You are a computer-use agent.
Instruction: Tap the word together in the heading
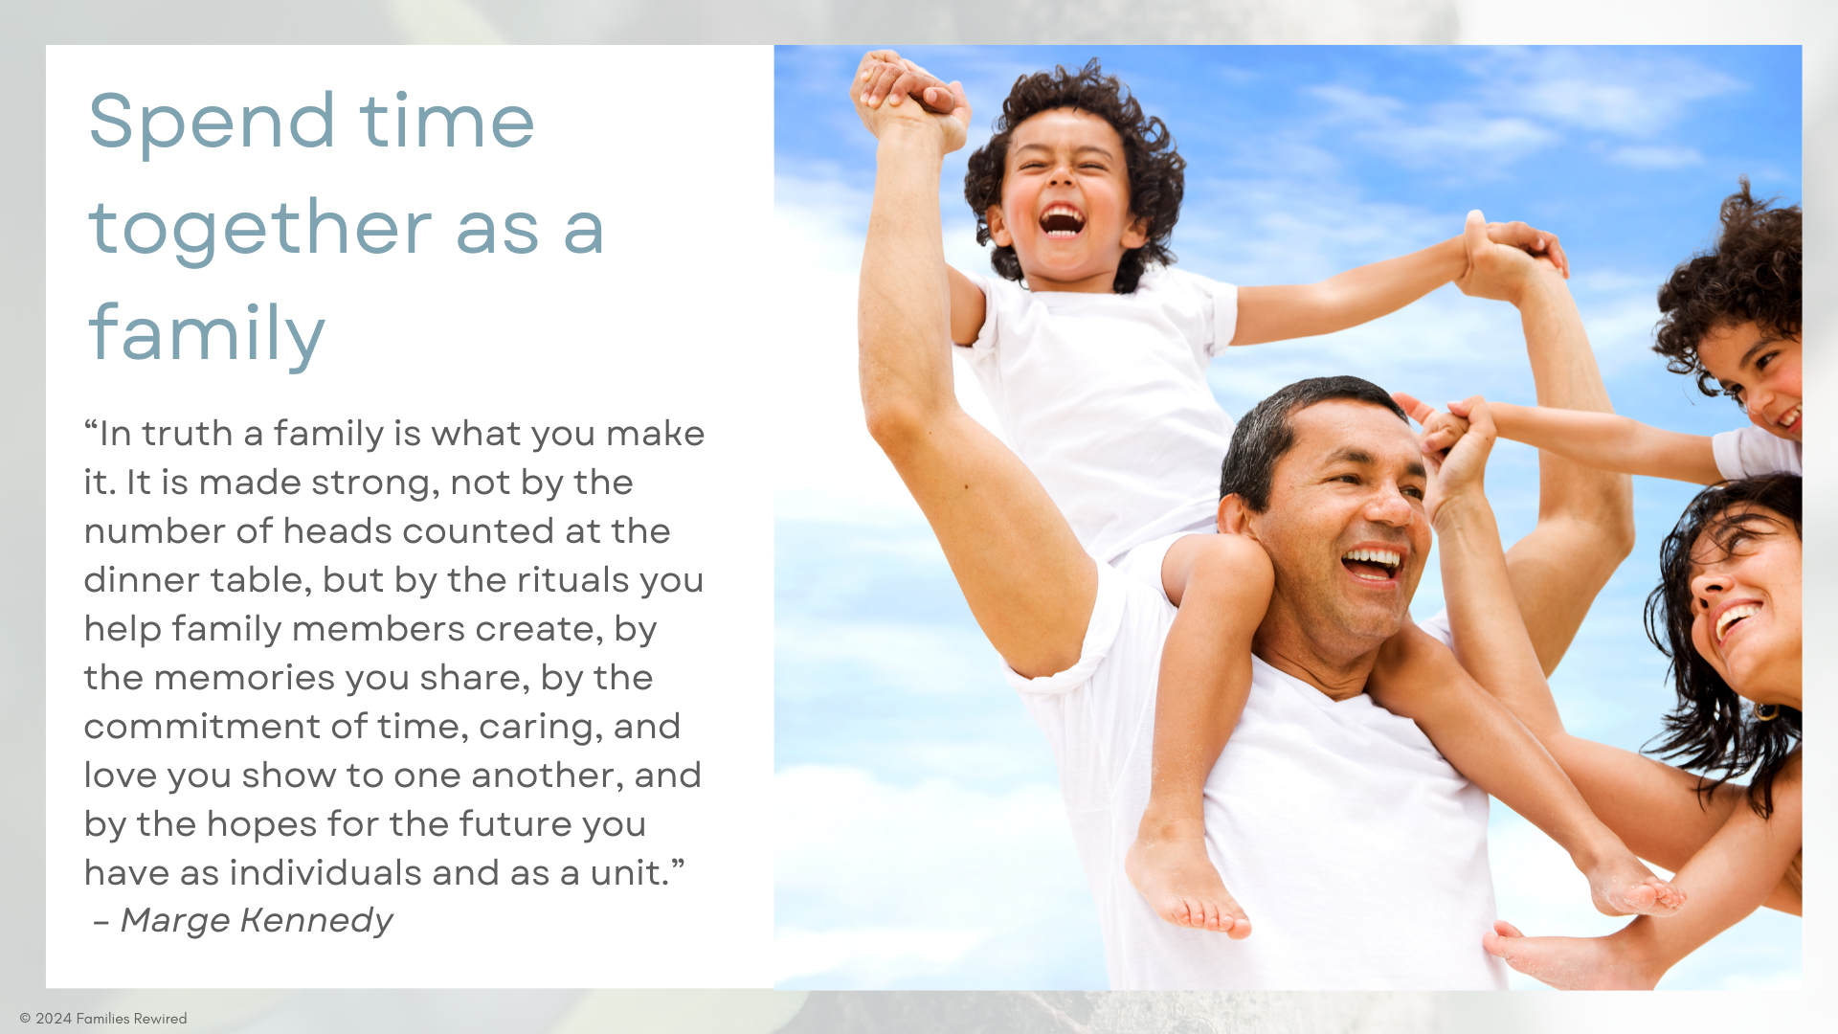pyautogui.click(x=259, y=228)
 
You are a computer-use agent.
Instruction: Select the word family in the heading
pyautogui.click(x=207, y=334)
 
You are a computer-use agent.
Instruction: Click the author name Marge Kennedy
pyautogui.click(x=257, y=920)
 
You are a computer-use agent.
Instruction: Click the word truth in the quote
pyautogui.click(x=188, y=434)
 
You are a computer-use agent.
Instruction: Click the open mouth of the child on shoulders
pyautogui.click(x=1062, y=220)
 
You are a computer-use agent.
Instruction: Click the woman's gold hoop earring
pyautogui.click(x=1765, y=711)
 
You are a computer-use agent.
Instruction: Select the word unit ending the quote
pyautogui.click(x=628, y=873)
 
